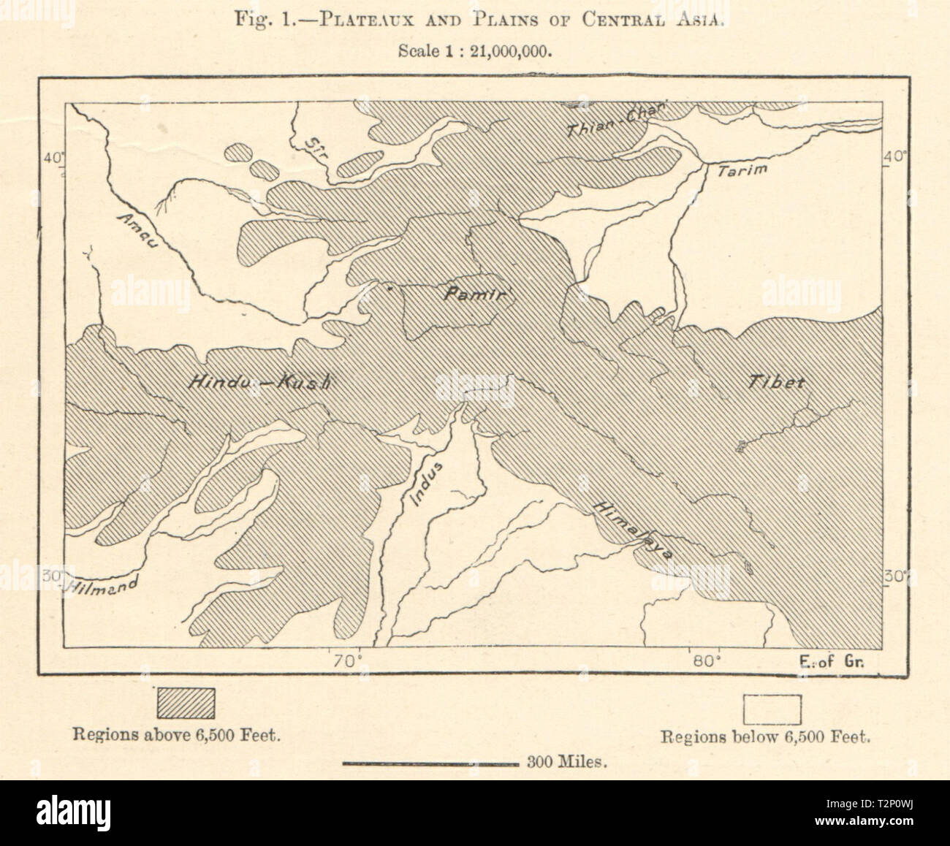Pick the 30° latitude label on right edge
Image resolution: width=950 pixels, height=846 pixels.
point(896,576)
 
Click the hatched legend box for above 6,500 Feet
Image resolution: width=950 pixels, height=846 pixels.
point(186,703)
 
